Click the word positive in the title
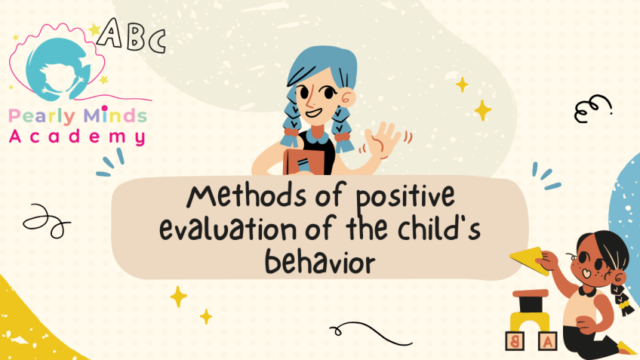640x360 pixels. pyautogui.click(x=405, y=197)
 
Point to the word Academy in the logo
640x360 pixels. pyautogui.click(x=78, y=137)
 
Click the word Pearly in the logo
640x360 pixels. pyautogui.click(x=42, y=116)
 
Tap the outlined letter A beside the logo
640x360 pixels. pyautogui.click(x=109, y=32)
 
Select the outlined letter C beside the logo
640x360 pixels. pyautogui.click(x=157, y=41)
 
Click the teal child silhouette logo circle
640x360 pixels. pyautogui.click(x=58, y=69)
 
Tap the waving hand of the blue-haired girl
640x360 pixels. pyautogui.click(x=382, y=140)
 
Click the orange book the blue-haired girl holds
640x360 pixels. pyautogui.click(x=304, y=162)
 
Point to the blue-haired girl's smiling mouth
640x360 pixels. pyautogui.click(x=314, y=112)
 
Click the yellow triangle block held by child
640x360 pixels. pyautogui.click(x=528, y=260)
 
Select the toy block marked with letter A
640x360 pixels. pyautogui.click(x=548, y=341)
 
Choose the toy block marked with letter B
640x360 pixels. pyautogui.click(x=515, y=341)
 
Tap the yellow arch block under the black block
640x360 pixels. pyautogui.click(x=529, y=321)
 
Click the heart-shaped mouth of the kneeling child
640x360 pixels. pyautogui.click(x=586, y=273)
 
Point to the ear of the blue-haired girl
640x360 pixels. pyautogui.click(x=347, y=98)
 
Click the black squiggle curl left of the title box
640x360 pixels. pyautogui.click(x=47, y=221)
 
